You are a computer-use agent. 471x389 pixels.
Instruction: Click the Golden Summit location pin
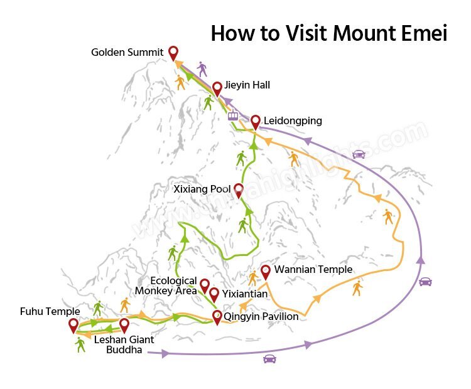click(x=174, y=53)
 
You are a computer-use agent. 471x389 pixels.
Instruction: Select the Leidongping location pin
click(x=255, y=122)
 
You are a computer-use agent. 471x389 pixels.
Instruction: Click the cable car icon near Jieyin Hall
click(x=233, y=115)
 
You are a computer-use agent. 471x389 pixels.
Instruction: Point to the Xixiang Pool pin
click(x=239, y=190)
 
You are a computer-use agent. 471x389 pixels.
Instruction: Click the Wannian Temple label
click(x=313, y=270)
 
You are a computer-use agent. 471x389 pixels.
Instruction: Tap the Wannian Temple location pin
click(x=266, y=272)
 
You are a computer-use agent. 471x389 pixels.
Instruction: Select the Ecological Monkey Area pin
click(x=204, y=287)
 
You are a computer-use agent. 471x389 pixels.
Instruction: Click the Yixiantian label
click(x=246, y=294)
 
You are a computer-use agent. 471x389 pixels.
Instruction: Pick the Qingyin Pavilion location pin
click(x=217, y=317)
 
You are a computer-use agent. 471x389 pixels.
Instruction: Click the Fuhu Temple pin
click(x=73, y=325)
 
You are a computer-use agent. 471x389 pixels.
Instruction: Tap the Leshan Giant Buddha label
click(x=124, y=344)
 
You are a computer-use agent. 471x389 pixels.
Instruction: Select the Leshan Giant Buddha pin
click(x=124, y=325)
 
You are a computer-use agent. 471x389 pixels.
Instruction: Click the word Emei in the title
click(x=417, y=33)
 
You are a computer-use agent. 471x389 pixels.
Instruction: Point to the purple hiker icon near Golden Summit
click(x=202, y=69)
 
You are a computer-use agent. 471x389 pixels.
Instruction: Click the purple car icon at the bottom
click(x=270, y=359)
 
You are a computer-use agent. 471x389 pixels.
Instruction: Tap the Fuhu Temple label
click(x=50, y=311)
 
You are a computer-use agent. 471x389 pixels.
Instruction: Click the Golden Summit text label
click(x=127, y=52)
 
